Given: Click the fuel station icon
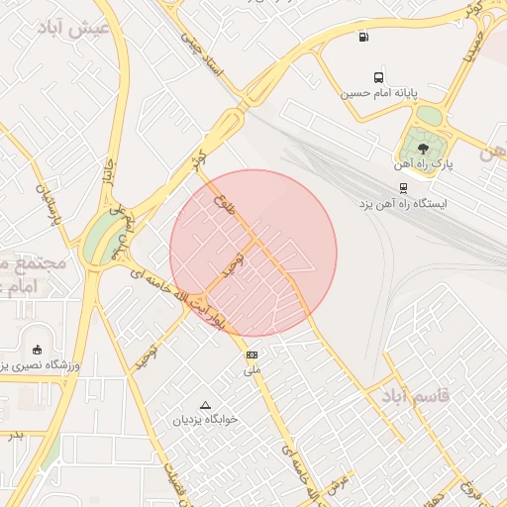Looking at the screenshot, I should pyautogui.click(x=365, y=38).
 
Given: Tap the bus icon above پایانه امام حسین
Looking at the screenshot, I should pyautogui.click(x=378, y=77).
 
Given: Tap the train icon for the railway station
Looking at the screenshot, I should pyautogui.click(x=403, y=187).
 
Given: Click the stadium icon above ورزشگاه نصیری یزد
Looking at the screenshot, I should pyautogui.click(x=38, y=349).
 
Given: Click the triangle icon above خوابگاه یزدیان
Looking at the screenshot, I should pyautogui.click(x=206, y=405).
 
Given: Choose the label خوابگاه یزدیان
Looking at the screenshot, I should pyautogui.click(x=207, y=420).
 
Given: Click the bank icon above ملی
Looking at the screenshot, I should pyautogui.click(x=252, y=355).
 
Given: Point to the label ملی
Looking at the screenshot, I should pyautogui.click(x=253, y=370).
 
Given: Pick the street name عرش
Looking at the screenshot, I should pyautogui.click(x=339, y=484).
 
